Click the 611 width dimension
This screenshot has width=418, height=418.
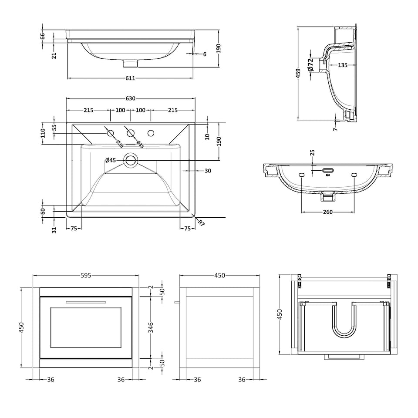coord(131,78)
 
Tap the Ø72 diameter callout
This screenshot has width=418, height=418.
coord(310,65)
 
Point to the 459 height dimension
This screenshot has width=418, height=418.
coord(298,73)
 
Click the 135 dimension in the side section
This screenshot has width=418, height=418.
coord(342,65)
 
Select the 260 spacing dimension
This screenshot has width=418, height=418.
coord(327,212)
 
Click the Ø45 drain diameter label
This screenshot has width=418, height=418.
coord(111,161)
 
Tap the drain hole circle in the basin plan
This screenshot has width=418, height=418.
coord(130,161)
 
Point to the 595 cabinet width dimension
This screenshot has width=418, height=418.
coord(86,275)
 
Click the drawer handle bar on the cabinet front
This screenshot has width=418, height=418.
coord(86,302)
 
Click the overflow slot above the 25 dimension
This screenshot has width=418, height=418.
coord(328,170)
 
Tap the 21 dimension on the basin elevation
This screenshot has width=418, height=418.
coord(54,55)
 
